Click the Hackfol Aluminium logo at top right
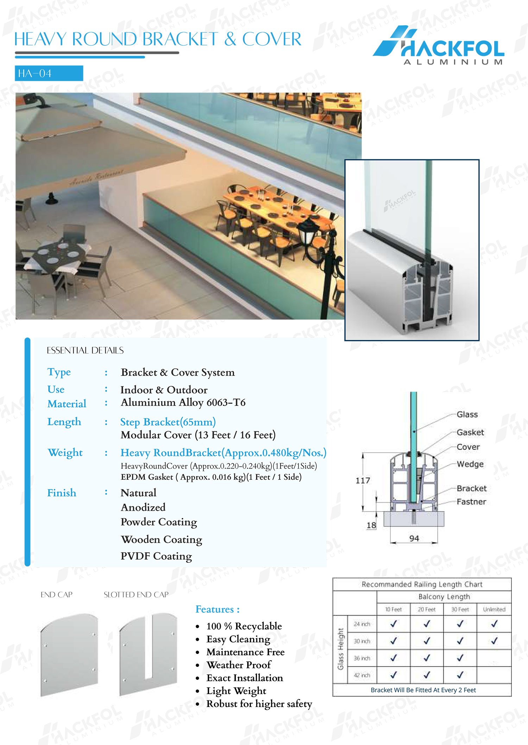(x=439, y=46)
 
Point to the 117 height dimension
(x=363, y=480)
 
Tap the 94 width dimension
(x=414, y=538)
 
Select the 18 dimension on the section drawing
(x=371, y=525)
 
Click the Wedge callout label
(x=470, y=464)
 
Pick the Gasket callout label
(x=470, y=432)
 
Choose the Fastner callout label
(x=471, y=502)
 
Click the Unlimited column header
(x=494, y=609)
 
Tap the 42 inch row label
(x=362, y=675)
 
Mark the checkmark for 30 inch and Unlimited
(x=494, y=641)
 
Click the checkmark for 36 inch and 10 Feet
(x=394, y=657)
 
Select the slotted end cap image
(x=148, y=654)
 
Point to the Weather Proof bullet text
(x=239, y=665)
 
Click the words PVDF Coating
(x=156, y=556)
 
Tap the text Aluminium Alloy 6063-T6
(x=183, y=402)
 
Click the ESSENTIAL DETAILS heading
(x=85, y=350)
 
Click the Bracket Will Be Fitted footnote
(x=423, y=690)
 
